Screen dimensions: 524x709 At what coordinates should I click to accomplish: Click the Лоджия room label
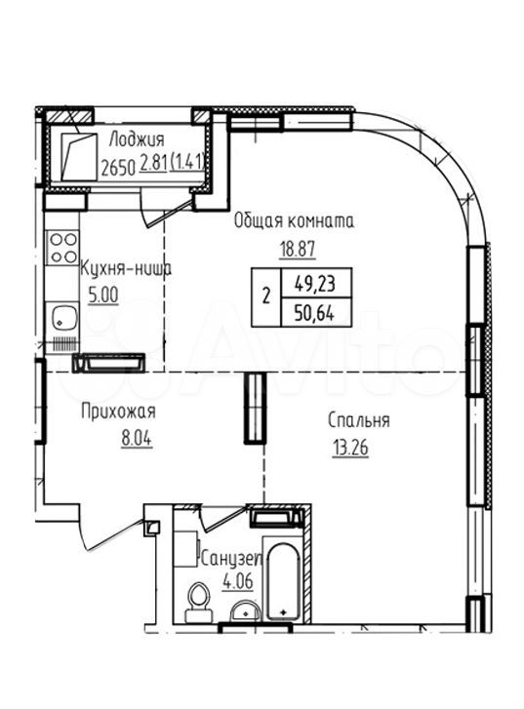(137, 141)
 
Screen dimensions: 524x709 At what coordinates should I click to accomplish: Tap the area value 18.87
(297, 249)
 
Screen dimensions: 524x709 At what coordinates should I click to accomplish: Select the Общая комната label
(294, 221)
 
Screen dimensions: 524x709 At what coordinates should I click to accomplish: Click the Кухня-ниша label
(125, 269)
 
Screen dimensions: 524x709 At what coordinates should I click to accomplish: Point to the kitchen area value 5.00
(103, 295)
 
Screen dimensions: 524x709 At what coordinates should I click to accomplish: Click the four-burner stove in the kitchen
(63, 248)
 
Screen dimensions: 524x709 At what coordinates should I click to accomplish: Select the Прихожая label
(118, 413)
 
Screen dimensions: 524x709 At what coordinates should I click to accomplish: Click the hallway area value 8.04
(137, 439)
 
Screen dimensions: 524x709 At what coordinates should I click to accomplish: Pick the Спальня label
(358, 420)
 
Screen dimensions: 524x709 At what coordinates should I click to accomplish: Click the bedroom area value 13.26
(350, 448)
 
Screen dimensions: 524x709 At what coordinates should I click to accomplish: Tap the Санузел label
(231, 560)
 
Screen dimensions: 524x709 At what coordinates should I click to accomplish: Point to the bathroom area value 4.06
(237, 581)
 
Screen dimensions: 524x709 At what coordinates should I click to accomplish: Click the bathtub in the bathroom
(283, 581)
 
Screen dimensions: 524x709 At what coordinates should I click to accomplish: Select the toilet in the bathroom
(198, 602)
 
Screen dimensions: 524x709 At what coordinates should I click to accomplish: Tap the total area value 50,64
(314, 313)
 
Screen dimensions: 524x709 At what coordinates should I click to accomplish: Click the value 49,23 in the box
(315, 285)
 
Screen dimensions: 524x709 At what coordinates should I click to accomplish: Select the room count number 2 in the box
(266, 297)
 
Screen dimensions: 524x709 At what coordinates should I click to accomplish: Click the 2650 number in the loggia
(118, 169)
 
